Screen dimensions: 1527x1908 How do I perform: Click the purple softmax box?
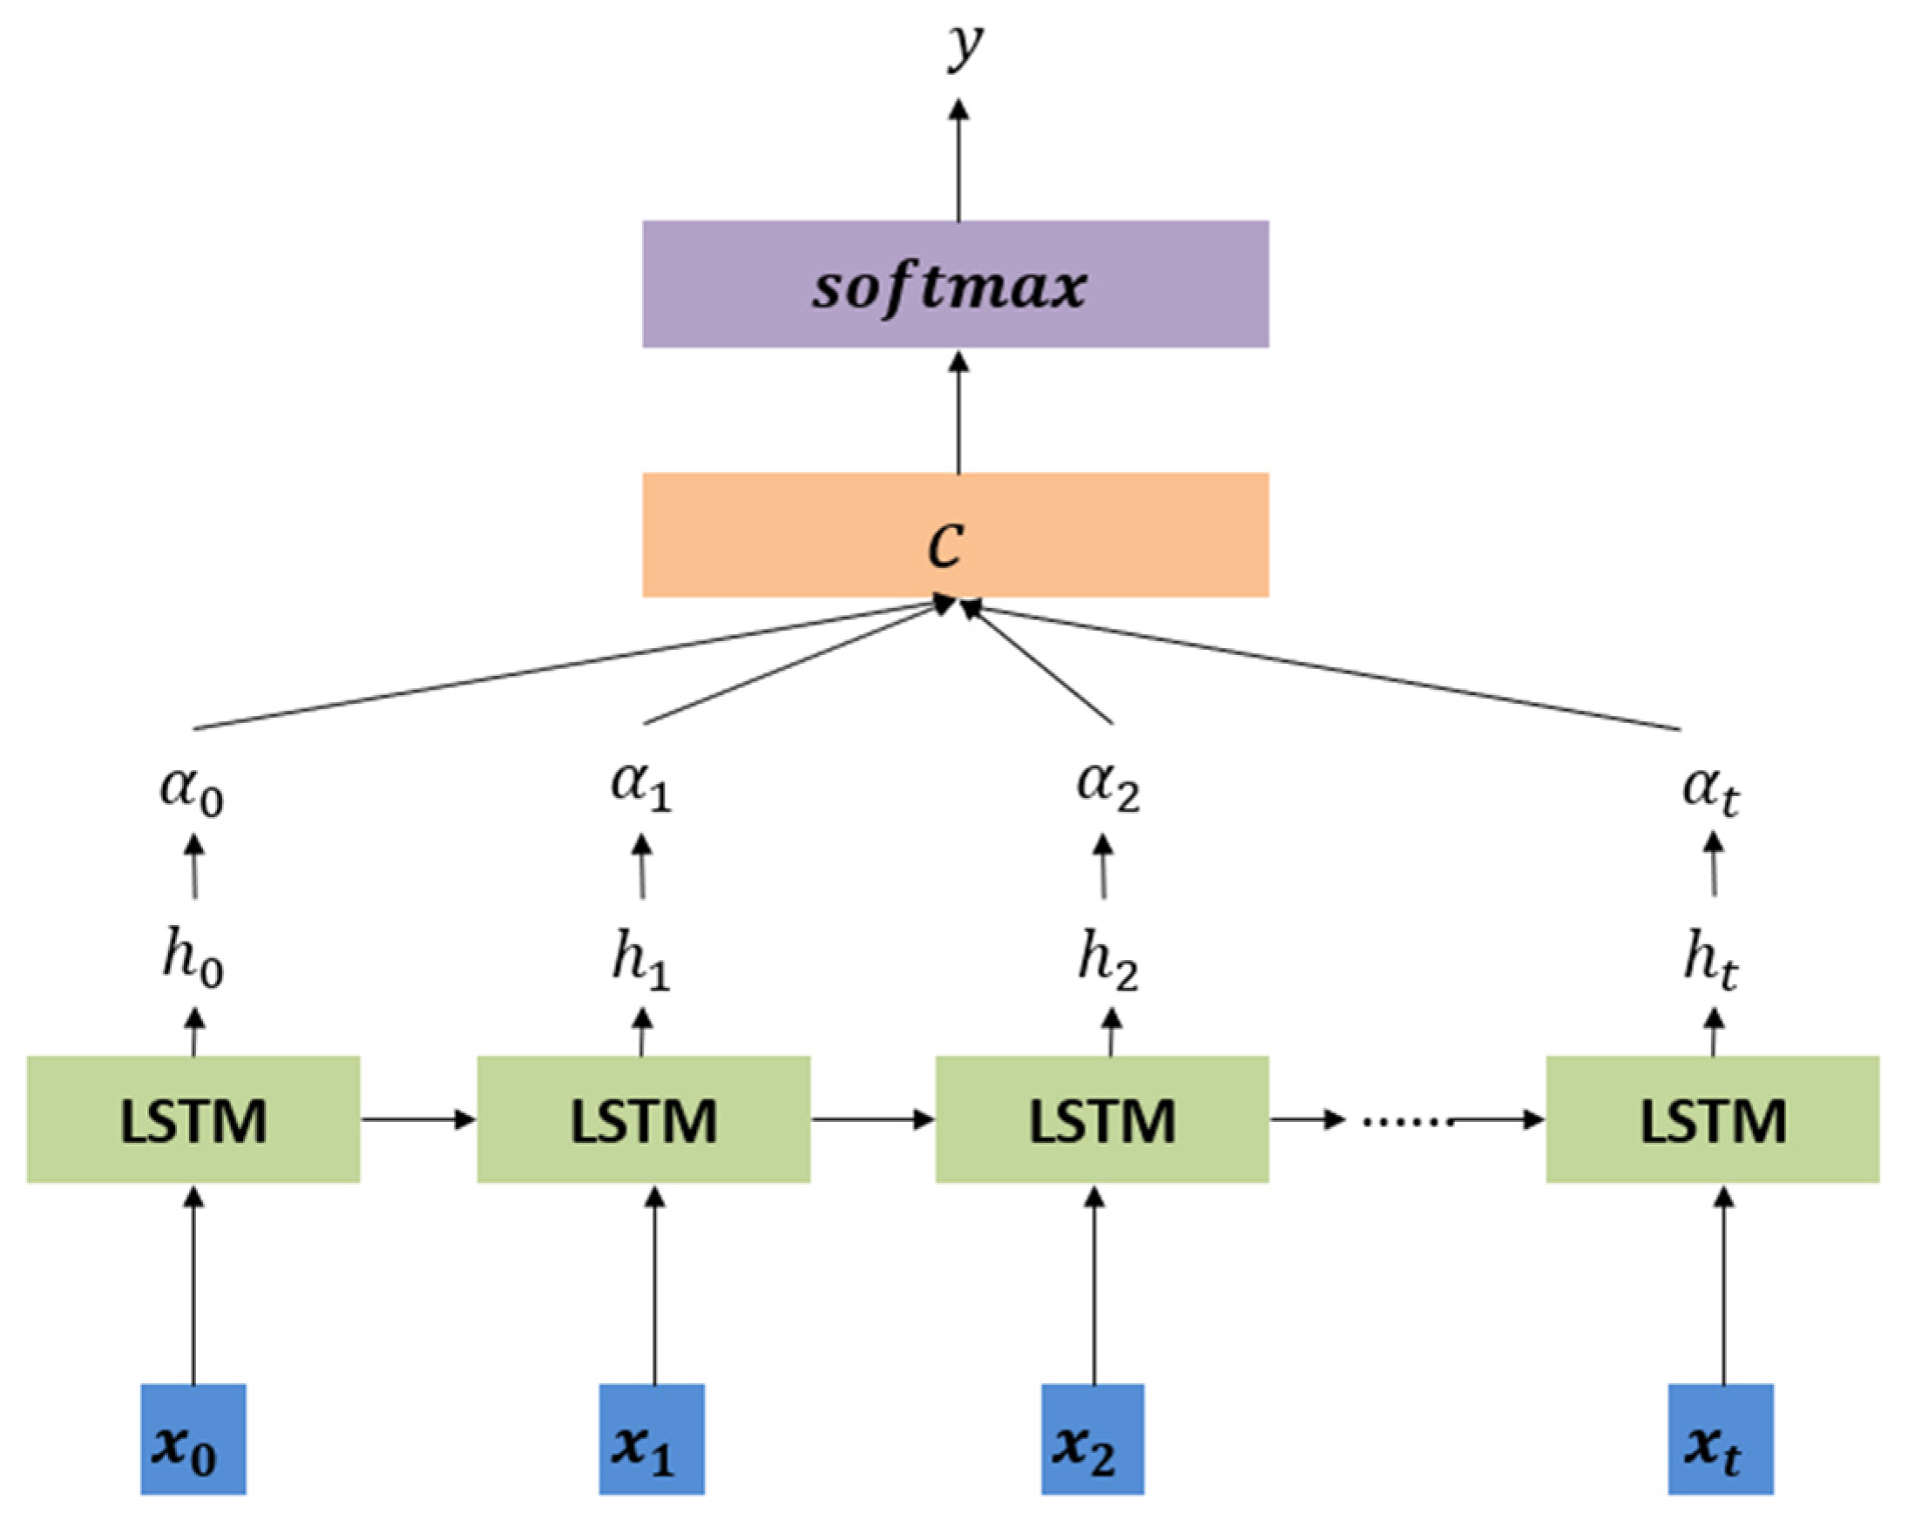coord(955,284)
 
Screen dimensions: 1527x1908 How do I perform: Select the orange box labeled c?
coord(955,535)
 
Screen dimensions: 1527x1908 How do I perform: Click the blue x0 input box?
coord(193,1439)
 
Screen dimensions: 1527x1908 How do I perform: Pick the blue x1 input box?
coord(652,1439)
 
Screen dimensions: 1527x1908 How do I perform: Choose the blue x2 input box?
coord(1092,1439)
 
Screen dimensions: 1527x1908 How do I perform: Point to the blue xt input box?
coord(1721,1439)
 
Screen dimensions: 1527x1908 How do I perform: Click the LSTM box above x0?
coord(193,1119)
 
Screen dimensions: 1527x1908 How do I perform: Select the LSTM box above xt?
coord(1713,1119)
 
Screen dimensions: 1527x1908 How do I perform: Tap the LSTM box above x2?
coord(1102,1119)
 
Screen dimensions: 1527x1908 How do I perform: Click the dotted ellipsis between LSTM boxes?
coord(1407,1121)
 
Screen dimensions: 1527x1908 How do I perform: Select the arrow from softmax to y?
coord(958,159)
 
